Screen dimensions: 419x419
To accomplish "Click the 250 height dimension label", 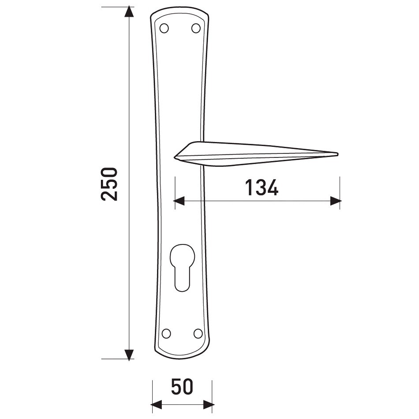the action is click(x=109, y=184).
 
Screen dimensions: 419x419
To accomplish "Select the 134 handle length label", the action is click(x=262, y=187).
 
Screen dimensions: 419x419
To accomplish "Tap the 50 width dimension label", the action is click(x=182, y=386).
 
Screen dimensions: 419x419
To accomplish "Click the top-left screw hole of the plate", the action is click(x=164, y=28).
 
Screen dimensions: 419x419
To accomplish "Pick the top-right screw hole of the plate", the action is click(x=196, y=28).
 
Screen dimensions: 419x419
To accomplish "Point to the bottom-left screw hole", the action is click(x=166, y=333).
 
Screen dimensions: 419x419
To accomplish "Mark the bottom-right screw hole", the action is click(x=198, y=333).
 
